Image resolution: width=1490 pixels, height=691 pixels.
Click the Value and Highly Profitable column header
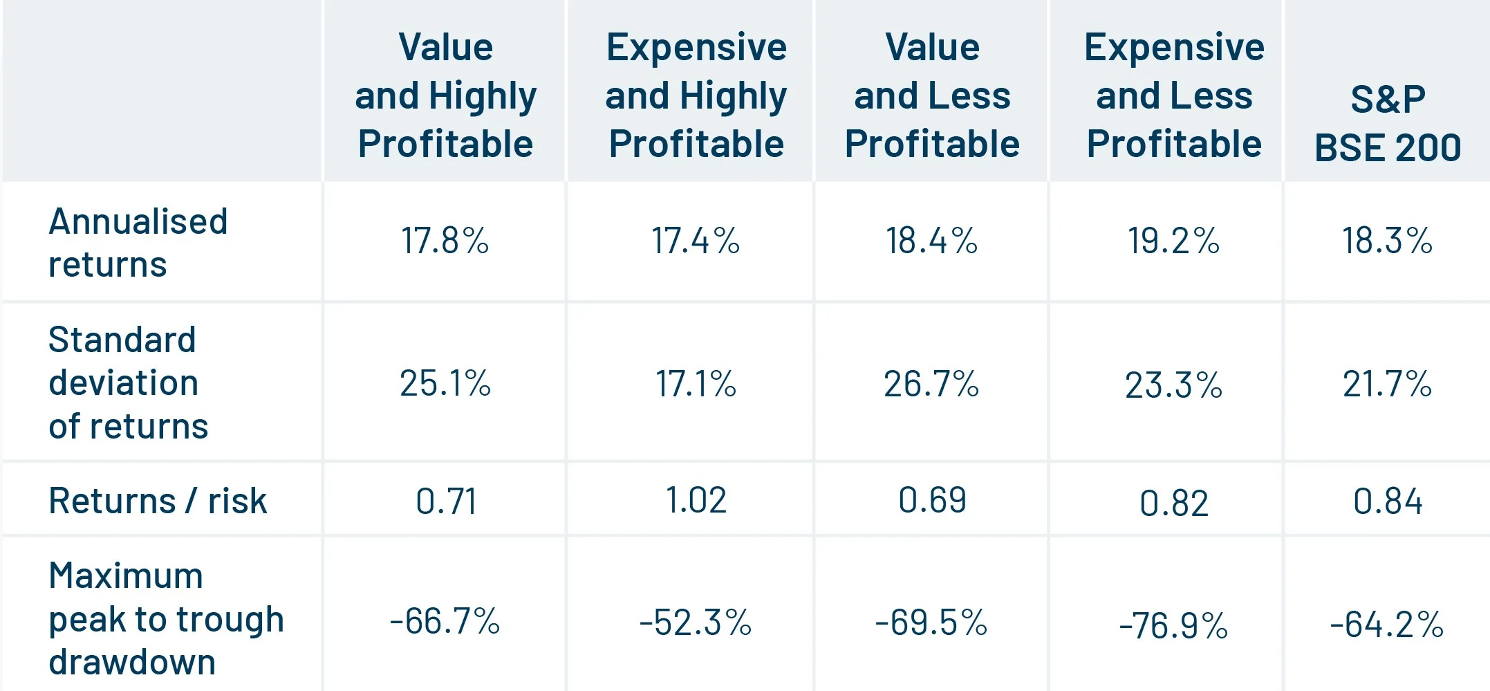(x=445, y=95)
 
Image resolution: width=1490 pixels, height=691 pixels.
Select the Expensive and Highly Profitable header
(x=696, y=95)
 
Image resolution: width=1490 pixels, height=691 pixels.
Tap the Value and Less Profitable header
(x=932, y=95)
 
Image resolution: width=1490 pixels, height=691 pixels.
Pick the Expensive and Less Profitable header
(x=1174, y=95)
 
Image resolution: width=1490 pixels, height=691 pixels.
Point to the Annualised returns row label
(x=138, y=243)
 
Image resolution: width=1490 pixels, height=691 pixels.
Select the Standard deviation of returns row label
(x=129, y=383)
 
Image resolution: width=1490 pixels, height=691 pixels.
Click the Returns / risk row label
(x=158, y=501)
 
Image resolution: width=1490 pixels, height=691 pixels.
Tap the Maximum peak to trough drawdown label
(x=166, y=618)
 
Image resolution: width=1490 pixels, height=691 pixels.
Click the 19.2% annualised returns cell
(x=1173, y=241)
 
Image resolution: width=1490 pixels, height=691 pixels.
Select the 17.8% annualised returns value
(x=445, y=241)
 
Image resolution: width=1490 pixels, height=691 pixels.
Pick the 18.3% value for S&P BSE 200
(x=1387, y=241)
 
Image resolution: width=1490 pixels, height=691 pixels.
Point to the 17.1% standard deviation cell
(x=696, y=384)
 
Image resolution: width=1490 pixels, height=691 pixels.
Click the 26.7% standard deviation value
(x=931, y=384)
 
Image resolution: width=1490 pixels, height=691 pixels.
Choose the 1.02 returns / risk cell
(x=696, y=501)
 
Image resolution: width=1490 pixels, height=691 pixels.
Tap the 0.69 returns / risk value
(x=932, y=501)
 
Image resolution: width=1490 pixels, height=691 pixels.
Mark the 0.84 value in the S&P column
(x=1387, y=501)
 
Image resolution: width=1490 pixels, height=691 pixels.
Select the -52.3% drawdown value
(x=696, y=623)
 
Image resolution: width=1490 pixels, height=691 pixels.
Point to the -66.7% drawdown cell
(x=445, y=621)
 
